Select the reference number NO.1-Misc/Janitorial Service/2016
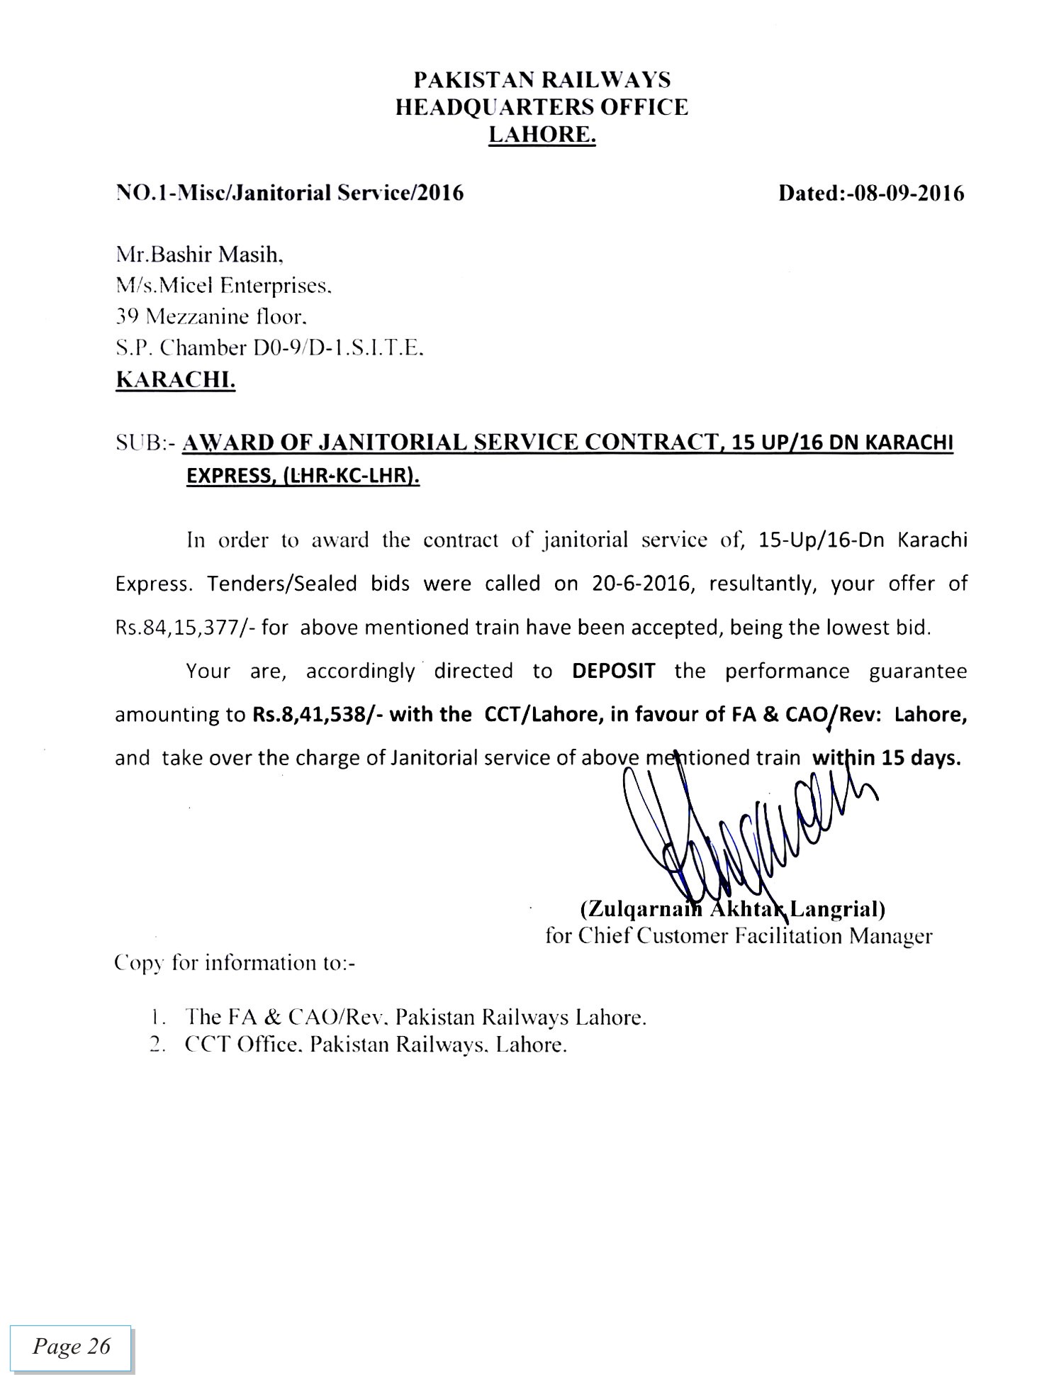point(289,193)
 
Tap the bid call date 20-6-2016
point(639,584)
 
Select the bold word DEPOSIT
point(613,671)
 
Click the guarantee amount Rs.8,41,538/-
point(318,714)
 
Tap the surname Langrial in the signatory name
point(836,908)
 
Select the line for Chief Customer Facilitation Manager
point(739,937)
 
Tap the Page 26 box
point(71,1347)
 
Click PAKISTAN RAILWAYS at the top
point(542,79)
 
